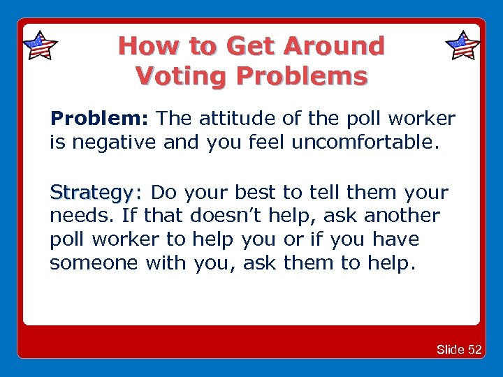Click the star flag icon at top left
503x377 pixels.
(x=40, y=46)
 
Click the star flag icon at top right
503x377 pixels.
(x=462, y=46)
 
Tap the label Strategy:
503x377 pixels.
(x=96, y=192)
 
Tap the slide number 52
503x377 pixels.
(x=474, y=350)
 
